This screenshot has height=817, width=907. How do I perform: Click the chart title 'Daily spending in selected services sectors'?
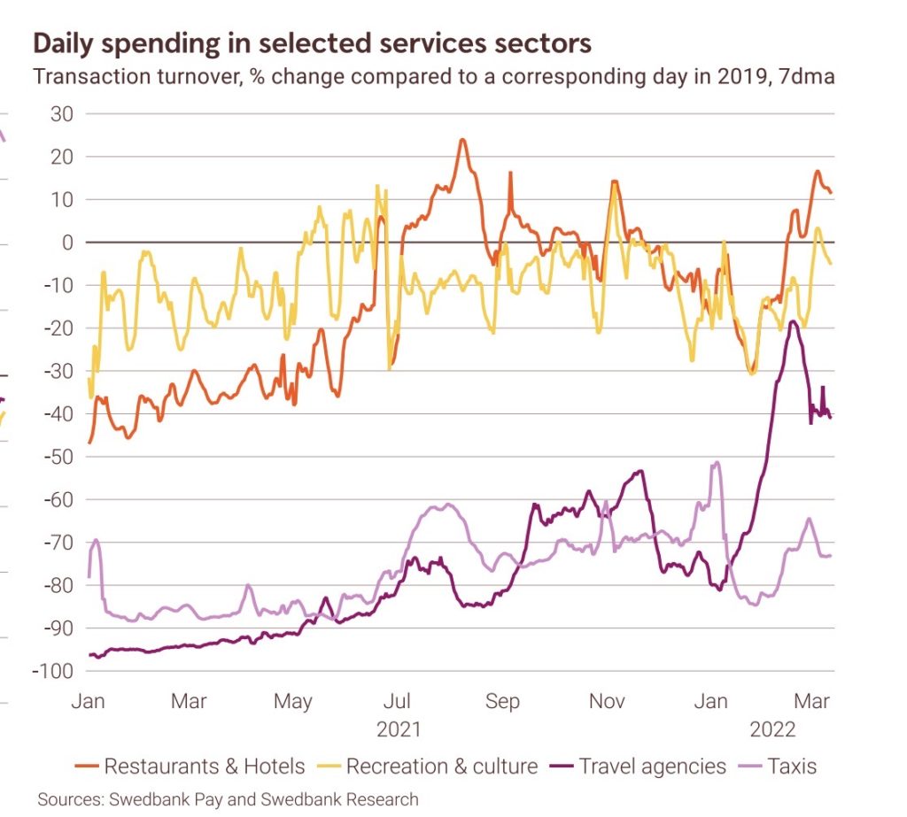pyautogui.click(x=313, y=42)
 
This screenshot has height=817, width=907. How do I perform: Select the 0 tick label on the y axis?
pyautogui.click(x=67, y=243)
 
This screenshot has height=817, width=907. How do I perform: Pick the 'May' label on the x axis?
pyautogui.click(x=292, y=702)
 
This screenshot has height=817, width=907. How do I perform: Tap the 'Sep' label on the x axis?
pyautogui.click(x=502, y=702)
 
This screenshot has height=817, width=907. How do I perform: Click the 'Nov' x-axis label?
pyautogui.click(x=608, y=702)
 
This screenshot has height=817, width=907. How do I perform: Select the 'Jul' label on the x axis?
pyautogui.click(x=398, y=702)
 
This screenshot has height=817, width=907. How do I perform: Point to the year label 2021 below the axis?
pyautogui.click(x=399, y=730)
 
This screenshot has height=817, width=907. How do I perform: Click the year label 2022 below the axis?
pyautogui.click(x=772, y=730)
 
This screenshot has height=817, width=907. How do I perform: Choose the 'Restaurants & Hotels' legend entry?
pyautogui.click(x=204, y=766)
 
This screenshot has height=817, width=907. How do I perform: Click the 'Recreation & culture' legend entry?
pyautogui.click(x=441, y=766)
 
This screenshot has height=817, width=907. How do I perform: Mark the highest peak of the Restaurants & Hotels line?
pyautogui.click(x=461, y=140)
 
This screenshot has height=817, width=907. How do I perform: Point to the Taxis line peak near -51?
pyautogui.click(x=717, y=462)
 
